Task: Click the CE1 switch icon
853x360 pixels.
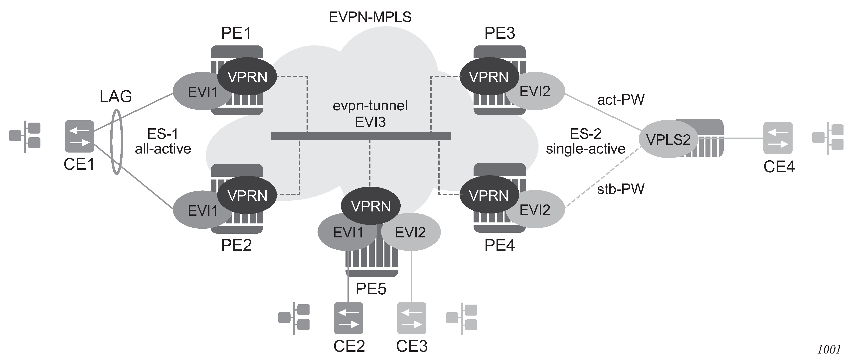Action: (x=79, y=137)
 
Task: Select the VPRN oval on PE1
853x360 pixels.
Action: (x=247, y=77)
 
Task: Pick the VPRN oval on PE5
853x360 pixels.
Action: (x=370, y=206)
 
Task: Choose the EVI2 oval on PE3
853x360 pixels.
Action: (x=538, y=91)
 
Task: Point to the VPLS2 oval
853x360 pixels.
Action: (x=668, y=139)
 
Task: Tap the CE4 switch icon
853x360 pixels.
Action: (x=778, y=138)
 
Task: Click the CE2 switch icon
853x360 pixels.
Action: (x=348, y=318)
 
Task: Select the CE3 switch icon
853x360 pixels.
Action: (x=412, y=318)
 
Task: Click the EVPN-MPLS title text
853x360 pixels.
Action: (x=370, y=17)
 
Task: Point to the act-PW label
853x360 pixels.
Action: (x=621, y=100)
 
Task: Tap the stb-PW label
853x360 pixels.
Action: (x=621, y=189)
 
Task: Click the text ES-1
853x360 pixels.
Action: (x=163, y=134)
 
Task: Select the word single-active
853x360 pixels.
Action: (x=585, y=149)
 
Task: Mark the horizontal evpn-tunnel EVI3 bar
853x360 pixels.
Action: (x=361, y=136)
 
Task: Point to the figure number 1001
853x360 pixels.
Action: (x=829, y=350)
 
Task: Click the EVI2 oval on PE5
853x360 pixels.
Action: (x=411, y=232)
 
